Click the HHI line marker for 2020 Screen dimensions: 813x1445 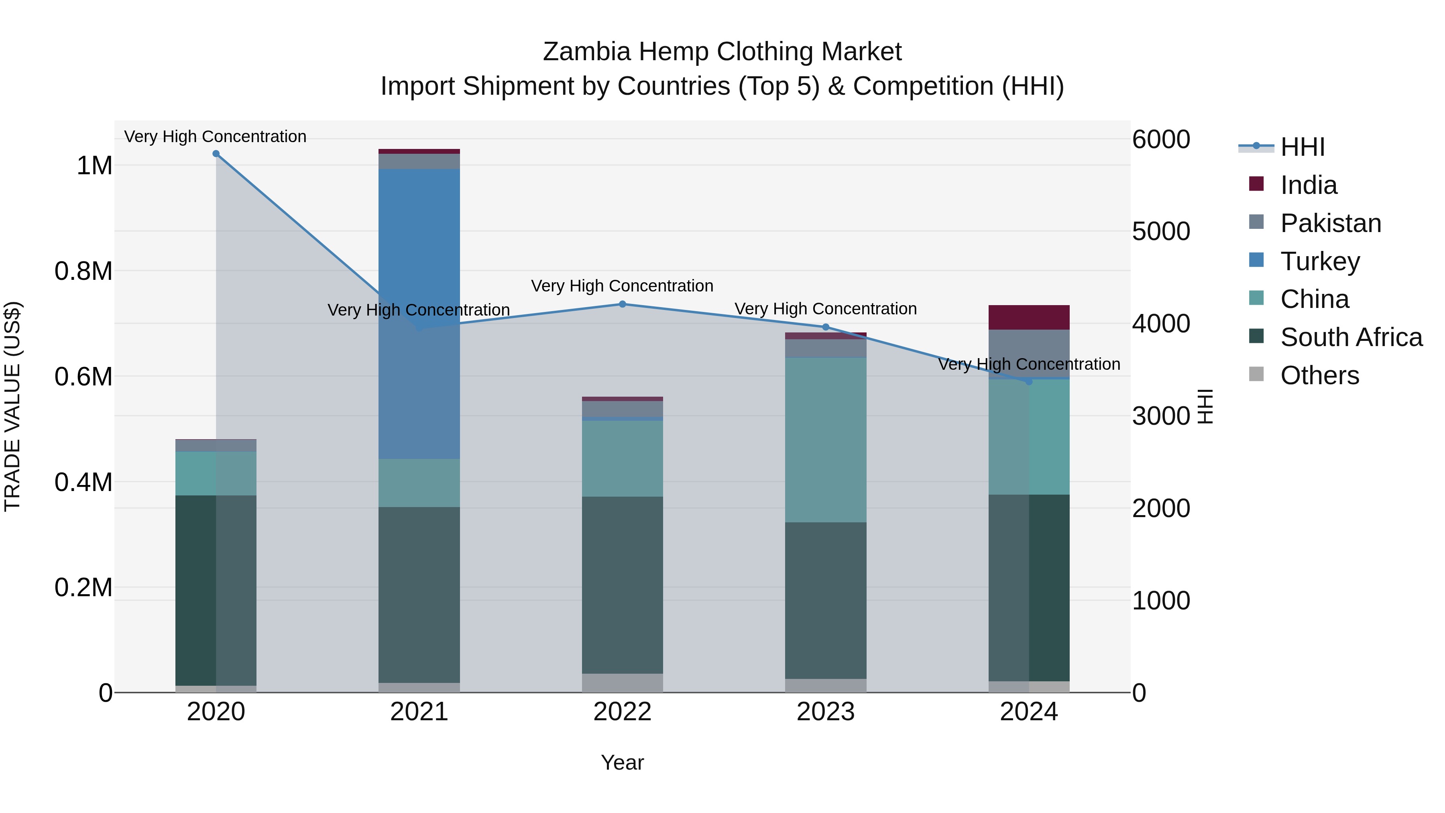[x=216, y=154]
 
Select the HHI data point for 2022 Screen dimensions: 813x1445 [x=622, y=304]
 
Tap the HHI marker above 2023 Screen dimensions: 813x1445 [x=825, y=327]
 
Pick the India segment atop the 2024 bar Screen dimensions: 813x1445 [x=1028, y=317]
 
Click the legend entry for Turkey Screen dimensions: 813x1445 [x=1319, y=261]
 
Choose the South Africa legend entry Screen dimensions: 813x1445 [x=1351, y=337]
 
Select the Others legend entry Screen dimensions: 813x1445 [x=1319, y=375]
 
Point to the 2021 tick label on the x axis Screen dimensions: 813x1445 [x=419, y=712]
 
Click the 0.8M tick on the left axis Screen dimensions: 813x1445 [x=83, y=271]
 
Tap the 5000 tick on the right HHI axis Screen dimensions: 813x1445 [x=1160, y=231]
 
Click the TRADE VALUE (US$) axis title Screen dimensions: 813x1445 [x=12, y=406]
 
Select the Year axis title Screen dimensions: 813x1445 [x=622, y=762]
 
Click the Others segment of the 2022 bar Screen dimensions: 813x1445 [x=622, y=683]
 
